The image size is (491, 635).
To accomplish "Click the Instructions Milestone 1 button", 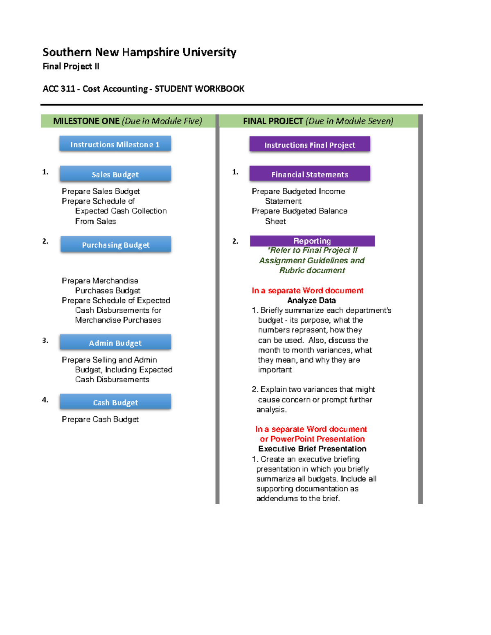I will point(115,144).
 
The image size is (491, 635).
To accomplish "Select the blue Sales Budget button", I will point(115,174).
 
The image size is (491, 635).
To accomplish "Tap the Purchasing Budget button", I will point(115,245).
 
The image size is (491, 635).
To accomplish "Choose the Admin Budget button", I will point(115,343).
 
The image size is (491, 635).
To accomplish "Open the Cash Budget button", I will point(115,402).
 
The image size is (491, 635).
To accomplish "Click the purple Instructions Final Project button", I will point(310,145).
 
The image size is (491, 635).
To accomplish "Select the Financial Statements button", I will point(310,174).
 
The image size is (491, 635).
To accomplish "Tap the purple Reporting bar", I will point(312,241).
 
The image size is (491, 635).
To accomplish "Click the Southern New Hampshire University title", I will point(140,52).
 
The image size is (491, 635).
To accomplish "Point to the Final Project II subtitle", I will point(71,66).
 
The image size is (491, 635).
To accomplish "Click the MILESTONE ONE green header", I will point(128,121).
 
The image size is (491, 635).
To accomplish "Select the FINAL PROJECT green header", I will point(318,121).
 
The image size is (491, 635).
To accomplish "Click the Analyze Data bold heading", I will point(311,301).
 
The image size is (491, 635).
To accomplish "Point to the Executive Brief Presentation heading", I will point(312,449).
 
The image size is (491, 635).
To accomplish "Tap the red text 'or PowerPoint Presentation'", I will point(312,439).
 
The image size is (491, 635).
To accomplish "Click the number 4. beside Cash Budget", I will point(45,400).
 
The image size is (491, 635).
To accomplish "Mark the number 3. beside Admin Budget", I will point(45,340).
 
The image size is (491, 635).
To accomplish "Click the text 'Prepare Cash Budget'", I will point(100,419).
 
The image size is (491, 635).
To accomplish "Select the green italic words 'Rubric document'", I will point(312,270).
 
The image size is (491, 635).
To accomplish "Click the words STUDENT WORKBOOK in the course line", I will point(199,89).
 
